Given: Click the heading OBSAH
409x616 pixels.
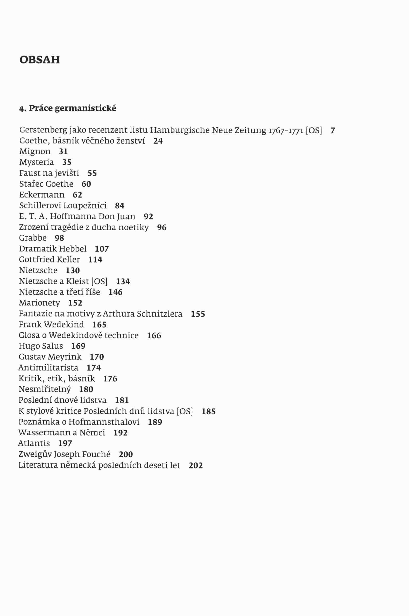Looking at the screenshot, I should pyautogui.click(x=40, y=60).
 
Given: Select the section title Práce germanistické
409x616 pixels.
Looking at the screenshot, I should pyautogui.click(x=72, y=108).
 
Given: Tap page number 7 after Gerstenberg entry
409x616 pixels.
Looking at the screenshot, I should pyautogui.click(x=333, y=130).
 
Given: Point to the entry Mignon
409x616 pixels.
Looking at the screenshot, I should pyautogui.click(x=35, y=151).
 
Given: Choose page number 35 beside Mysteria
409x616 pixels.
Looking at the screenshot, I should pyautogui.click(x=67, y=162).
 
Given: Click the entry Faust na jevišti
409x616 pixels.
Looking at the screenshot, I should pyautogui.click(x=49, y=173).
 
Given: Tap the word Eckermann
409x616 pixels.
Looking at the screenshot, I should pyautogui.click(x=42, y=195).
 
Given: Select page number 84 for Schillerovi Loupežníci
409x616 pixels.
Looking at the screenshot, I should pyautogui.click(x=119, y=206).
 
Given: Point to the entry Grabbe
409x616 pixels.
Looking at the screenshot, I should pyautogui.click(x=33, y=238).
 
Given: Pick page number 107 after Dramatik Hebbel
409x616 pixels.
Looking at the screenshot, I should pyautogui.click(x=102, y=249).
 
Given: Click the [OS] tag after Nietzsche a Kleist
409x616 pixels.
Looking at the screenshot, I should pyautogui.click(x=99, y=281).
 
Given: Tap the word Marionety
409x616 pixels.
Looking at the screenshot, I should pyautogui.click(x=39, y=303).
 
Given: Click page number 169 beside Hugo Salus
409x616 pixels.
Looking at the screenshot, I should pyautogui.click(x=78, y=346).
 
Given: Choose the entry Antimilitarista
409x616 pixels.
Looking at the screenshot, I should pyautogui.click(x=48, y=368).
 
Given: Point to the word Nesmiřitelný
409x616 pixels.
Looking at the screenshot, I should pyautogui.click(x=45, y=389).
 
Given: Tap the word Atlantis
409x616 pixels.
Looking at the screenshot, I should pyautogui.click(x=34, y=443).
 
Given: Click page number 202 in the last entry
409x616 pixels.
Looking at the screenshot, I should pyautogui.click(x=196, y=465).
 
